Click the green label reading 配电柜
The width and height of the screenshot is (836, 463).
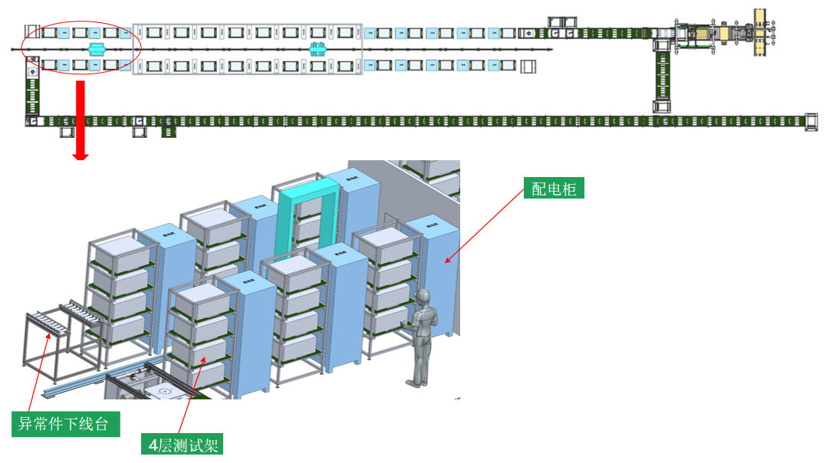pyautogui.click(x=554, y=189)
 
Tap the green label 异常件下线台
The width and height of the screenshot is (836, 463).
pyautogui.click(x=65, y=424)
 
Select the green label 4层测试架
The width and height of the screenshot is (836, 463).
pyautogui.click(x=185, y=445)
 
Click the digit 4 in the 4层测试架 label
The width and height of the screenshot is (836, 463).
pyautogui.click(x=154, y=445)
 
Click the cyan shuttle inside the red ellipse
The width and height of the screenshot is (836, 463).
pyautogui.click(x=97, y=49)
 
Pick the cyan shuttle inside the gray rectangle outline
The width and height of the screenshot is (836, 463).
pyautogui.click(x=318, y=49)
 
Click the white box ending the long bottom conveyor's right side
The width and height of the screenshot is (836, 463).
pyautogui.click(x=811, y=121)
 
